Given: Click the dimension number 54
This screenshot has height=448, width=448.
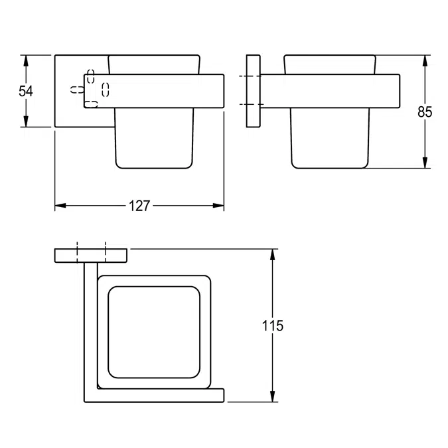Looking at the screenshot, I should [26, 90].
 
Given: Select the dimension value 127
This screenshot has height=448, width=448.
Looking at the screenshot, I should [139, 206].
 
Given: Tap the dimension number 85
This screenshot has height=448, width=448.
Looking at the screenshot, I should [425, 112].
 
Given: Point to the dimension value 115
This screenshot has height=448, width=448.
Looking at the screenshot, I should [273, 325].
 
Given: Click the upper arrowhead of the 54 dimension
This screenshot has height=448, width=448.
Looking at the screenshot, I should [26, 60].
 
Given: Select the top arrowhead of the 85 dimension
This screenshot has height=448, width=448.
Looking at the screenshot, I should [425, 60].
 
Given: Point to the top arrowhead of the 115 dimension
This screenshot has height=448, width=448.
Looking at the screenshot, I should [273, 254].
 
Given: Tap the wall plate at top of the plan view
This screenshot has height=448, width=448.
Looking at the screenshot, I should [91, 255].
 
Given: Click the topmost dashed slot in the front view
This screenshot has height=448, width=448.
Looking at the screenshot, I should [91, 72].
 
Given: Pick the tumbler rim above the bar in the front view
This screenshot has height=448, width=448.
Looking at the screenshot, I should [153, 64].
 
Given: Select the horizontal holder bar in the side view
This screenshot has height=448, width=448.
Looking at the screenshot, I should [332, 90].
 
